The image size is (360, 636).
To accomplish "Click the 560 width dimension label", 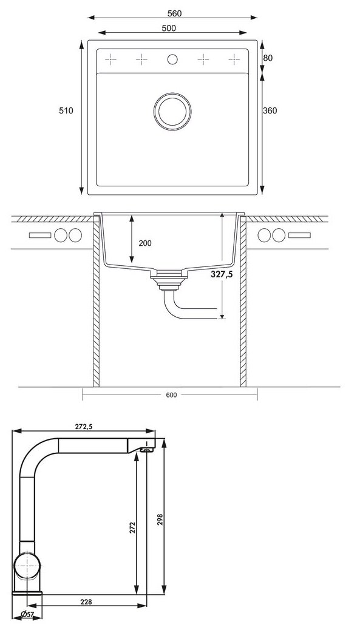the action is click(174, 13).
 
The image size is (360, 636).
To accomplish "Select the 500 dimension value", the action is click(169, 28).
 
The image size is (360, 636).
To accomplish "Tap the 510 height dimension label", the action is click(66, 110).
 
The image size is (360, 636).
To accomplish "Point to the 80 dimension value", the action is click(268, 58).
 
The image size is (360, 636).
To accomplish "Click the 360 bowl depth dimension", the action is click(270, 110).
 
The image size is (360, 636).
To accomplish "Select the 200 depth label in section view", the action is click(145, 243).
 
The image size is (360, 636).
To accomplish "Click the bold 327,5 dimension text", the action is click(222, 274).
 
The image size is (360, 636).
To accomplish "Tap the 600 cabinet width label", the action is click(171, 395).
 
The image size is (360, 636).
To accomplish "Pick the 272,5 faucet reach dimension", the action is click(84, 426).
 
